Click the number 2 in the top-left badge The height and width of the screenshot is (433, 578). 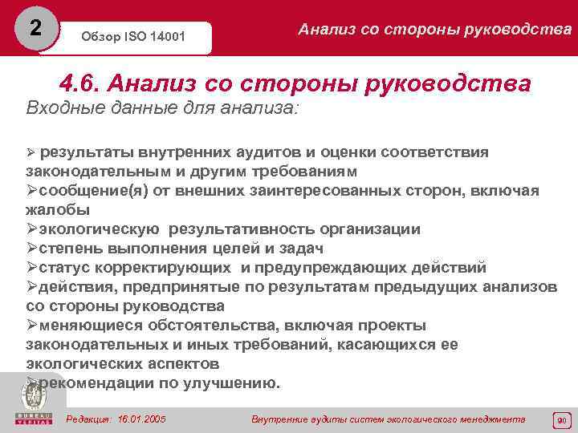pos(34,27)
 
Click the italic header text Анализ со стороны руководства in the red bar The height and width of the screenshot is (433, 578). pos(434,30)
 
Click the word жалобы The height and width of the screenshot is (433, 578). pos(58,210)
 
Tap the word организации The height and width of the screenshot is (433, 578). pos(364,229)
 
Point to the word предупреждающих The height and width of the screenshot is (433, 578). pos(344,268)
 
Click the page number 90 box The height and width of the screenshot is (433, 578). pos(561,420)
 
